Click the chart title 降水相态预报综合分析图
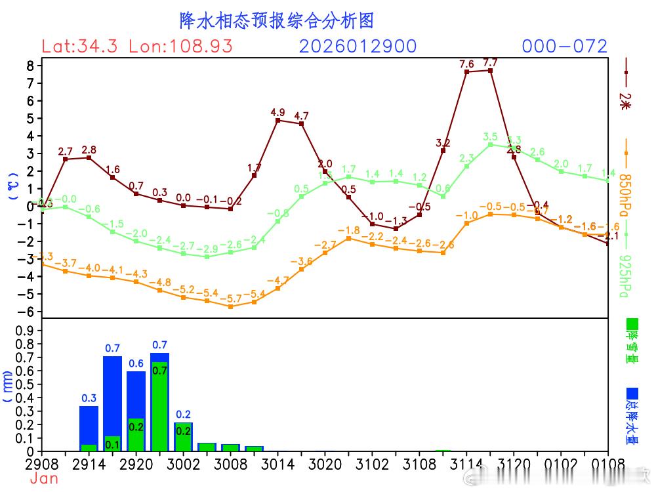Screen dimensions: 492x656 [x=276, y=21]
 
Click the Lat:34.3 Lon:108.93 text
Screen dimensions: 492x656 [x=136, y=47]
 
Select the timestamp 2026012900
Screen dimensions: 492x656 [x=358, y=47]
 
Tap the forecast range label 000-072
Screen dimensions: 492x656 [x=564, y=47]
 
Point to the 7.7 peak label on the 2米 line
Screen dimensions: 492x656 [x=490, y=63]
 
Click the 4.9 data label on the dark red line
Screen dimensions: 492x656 [x=277, y=113]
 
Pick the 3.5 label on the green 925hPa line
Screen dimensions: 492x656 [x=490, y=137]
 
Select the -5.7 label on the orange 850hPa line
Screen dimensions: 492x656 [x=230, y=298]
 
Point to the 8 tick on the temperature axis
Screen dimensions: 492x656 [x=30, y=66]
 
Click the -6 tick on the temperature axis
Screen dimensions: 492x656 [x=26, y=312]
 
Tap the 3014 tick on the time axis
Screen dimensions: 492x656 [x=277, y=465]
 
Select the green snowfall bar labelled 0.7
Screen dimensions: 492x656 [x=159, y=407]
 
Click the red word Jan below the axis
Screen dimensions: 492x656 [x=44, y=479]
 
